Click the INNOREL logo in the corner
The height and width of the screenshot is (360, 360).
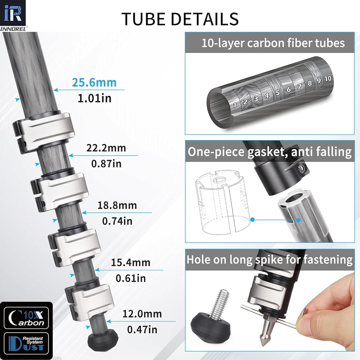13,15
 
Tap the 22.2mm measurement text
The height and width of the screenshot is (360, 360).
106,148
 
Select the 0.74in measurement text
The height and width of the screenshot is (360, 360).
117,221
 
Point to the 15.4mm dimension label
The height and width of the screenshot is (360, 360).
131,263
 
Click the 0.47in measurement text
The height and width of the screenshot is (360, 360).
142,330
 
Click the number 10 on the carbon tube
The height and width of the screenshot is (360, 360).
328,79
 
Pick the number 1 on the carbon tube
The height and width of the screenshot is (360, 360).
235,105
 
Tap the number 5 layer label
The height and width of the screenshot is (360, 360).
278,93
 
